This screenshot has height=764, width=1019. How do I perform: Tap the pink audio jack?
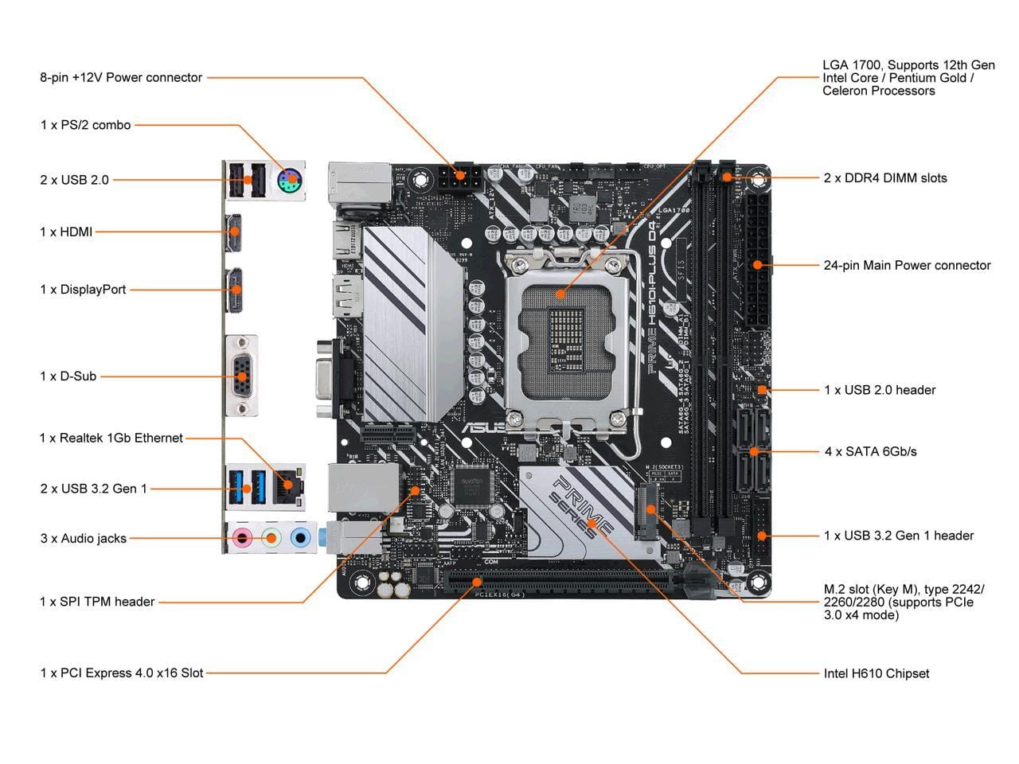240,539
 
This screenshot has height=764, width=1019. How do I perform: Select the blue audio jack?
300,539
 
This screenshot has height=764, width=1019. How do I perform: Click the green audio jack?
271,539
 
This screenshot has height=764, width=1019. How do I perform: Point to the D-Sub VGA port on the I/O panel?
241,376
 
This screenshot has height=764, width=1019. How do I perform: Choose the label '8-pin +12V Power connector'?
121,77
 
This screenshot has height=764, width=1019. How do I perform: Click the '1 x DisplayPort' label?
83,290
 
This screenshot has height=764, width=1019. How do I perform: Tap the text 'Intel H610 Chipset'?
876,673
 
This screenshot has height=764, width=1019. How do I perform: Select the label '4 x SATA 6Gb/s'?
870,451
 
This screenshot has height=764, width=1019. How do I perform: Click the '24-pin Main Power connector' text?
907,265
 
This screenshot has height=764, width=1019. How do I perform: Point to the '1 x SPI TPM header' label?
97,602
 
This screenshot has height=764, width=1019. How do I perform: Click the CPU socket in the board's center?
561,334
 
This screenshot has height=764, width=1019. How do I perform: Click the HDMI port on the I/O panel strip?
234,232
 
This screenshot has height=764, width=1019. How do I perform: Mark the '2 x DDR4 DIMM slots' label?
885,177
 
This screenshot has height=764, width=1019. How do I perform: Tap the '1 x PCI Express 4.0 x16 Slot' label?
122,673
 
